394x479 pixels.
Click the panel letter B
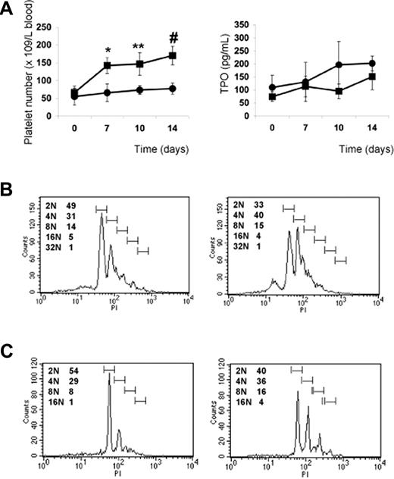click(x=9, y=186)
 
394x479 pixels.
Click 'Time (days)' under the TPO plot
click(x=354, y=152)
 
